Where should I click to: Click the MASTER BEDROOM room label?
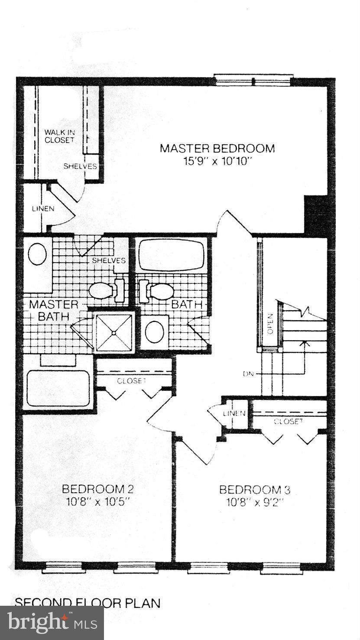(217, 149)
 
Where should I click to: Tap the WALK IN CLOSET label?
(59, 136)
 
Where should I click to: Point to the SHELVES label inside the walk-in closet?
(80, 166)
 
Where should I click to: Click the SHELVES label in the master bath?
(108, 260)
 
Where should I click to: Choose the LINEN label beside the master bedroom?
(43, 208)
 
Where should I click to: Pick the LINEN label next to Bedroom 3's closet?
(234, 413)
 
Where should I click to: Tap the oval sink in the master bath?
(37, 254)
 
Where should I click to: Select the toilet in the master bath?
(104, 290)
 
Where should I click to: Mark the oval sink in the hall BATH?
(154, 332)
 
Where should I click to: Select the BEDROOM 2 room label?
(97, 489)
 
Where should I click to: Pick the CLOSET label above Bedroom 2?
(131, 381)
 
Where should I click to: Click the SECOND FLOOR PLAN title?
(88, 603)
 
